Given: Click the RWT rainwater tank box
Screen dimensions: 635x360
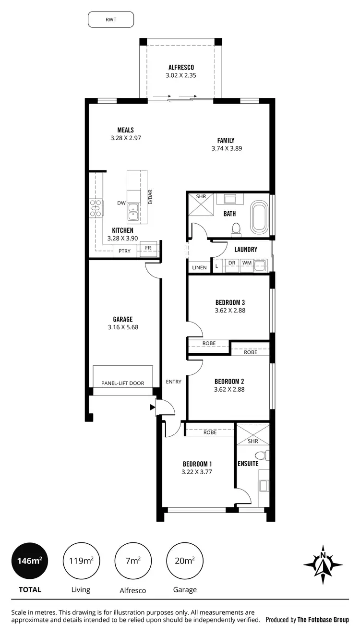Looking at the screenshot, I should pyautogui.click(x=111, y=20).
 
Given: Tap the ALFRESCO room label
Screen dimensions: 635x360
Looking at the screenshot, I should pyautogui.click(x=181, y=67).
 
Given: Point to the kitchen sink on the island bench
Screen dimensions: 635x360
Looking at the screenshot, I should pyautogui.click(x=133, y=210).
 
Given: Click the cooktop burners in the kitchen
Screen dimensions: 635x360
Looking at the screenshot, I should pyautogui.click(x=96, y=209).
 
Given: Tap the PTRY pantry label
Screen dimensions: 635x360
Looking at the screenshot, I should pyautogui.click(x=125, y=251).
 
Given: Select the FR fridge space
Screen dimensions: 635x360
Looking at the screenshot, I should pyautogui.click(x=148, y=248).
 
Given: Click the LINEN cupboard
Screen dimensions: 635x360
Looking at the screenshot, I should pyautogui.click(x=199, y=267).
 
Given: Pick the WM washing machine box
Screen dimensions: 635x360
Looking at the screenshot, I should pyautogui.click(x=246, y=264).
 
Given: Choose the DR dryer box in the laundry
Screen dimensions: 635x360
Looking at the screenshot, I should pyautogui.click(x=231, y=264).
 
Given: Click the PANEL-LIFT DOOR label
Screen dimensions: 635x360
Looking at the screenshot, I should pyautogui.click(x=122, y=383).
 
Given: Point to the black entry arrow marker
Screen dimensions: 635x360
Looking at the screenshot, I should pyautogui.click(x=153, y=407).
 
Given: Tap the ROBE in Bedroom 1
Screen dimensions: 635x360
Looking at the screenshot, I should pyautogui.click(x=210, y=432).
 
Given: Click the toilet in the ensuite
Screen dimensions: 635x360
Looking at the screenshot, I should pyautogui.click(x=261, y=455).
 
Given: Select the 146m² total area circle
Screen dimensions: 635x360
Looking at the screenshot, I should pyautogui.click(x=30, y=561).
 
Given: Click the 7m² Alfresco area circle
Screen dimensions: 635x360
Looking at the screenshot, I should pyautogui.click(x=133, y=561).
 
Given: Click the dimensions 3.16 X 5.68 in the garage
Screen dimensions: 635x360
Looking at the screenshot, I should pyautogui.click(x=123, y=327).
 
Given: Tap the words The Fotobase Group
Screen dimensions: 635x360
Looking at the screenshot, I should pyautogui.click(x=323, y=620).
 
